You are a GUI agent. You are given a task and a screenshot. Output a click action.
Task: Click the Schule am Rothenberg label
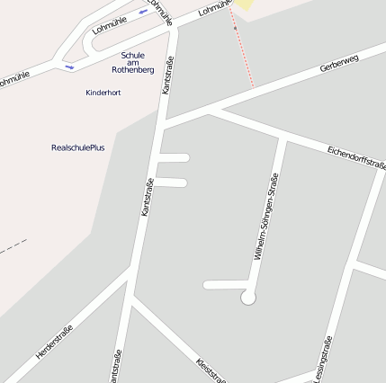click(x=132, y=62)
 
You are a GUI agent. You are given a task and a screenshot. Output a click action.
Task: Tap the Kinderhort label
click(x=103, y=93)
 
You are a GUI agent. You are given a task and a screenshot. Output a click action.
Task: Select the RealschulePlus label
click(x=78, y=147)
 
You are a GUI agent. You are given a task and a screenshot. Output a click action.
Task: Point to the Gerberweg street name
click(x=338, y=64)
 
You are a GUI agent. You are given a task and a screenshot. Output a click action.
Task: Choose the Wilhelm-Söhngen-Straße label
click(x=267, y=216)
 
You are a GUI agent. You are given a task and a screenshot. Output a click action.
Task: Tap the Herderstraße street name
click(x=54, y=343)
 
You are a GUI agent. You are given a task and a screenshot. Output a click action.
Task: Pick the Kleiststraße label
click(x=211, y=370)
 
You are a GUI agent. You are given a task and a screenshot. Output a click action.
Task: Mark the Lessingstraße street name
click(x=324, y=359)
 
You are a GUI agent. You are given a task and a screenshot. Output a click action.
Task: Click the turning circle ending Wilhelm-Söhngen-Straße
click(x=248, y=297)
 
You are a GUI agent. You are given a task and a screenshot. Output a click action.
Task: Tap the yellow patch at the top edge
click(x=244, y=4)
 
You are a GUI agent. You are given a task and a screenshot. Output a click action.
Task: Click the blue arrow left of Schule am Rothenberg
click(x=69, y=67)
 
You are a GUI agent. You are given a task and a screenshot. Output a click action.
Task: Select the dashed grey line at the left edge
click(x=13, y=246)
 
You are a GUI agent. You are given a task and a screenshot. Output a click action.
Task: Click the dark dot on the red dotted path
click(x=236, y=28)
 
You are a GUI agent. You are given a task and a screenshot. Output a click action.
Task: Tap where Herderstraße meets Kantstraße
click(x=132, y=271)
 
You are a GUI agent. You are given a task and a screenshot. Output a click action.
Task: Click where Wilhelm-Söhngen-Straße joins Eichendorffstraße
click(x=285, y=139)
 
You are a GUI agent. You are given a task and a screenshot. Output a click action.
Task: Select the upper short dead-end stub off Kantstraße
click(x=174, y=157)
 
